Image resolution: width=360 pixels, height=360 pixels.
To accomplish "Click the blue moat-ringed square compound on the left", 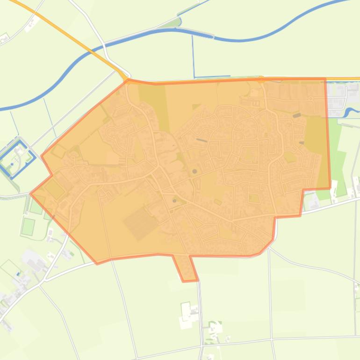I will (15, 152).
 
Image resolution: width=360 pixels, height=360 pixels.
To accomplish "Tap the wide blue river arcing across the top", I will (238, 40).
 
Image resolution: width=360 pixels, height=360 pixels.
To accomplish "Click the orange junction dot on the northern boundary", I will (261, 79).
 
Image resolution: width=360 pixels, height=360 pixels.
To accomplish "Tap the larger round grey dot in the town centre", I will (194, 172).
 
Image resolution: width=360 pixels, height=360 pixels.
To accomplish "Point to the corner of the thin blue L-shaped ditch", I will (194, 76).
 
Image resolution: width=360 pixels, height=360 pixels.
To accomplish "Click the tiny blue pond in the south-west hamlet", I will (18, 274).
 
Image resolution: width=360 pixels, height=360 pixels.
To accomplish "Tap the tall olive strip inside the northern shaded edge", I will (159, 101).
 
